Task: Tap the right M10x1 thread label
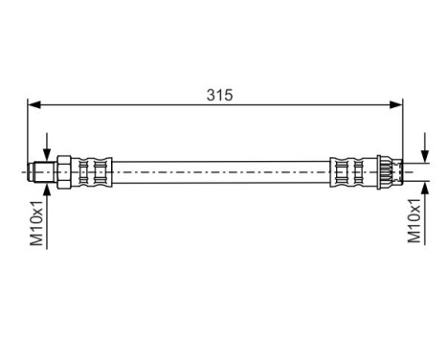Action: [x=413, y=219]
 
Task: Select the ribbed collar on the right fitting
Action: [x=382, y=171]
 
